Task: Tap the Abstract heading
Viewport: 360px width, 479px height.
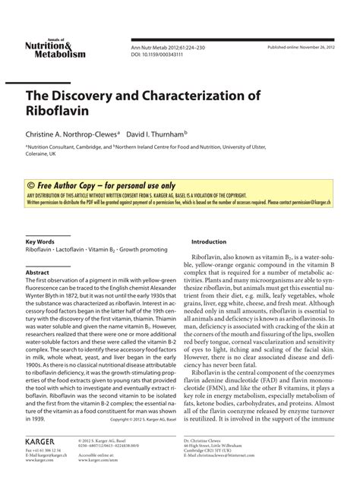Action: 38,272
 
